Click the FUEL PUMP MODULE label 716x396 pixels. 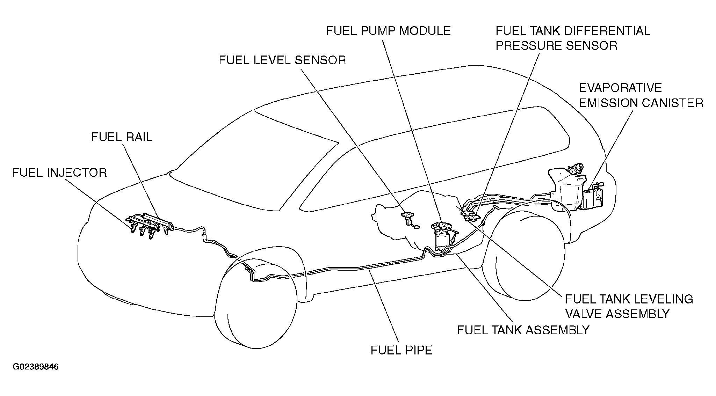click(x=388, y=31)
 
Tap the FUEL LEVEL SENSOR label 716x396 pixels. click(x=282, y=60)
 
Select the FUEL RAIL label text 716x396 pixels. click(x=122, y=137)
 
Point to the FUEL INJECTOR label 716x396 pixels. click(x=59, y=173)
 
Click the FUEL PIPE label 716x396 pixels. click(x=401, y=350)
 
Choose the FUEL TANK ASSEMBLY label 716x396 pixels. click(x=523, y=330)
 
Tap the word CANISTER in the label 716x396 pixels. click(x=668, y=103)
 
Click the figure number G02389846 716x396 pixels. click(x=36, y=367)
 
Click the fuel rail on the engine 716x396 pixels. click(x=157, y=222)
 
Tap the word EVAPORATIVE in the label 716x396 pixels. click(x=620, y=88)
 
